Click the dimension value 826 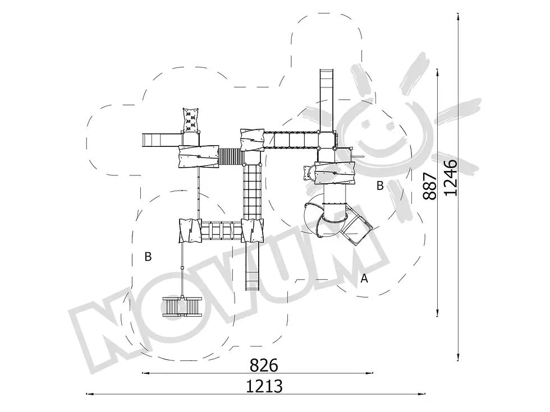tap(264, 365)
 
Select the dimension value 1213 tap(264, 387)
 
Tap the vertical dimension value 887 tap(430, 186)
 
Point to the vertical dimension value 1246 tap(450, 177)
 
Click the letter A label tap(364, 279)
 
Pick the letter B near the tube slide tap(380, 186)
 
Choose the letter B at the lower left tap(148, 257)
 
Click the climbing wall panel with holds tap(191, 120)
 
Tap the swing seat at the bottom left tap(182, 307)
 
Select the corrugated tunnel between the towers tap(231, 156)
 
